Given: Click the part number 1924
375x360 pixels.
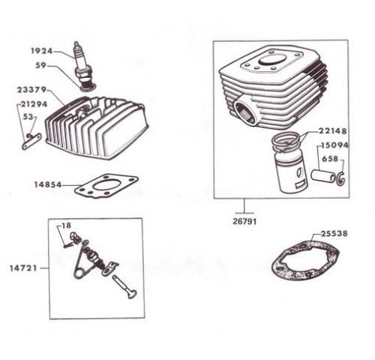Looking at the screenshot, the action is (x=42, y=51).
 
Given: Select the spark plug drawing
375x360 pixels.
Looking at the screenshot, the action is (x=82, y=66).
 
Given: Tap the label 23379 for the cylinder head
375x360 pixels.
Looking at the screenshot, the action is (x=31, y=89).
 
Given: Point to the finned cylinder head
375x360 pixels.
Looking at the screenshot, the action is (x=97, y=128).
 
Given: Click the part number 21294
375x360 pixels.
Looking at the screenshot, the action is (x=34, y=103).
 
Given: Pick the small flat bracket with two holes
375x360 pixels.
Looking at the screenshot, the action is (x=31, y=141).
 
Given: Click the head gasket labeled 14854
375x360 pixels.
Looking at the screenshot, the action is (x=106, y=186).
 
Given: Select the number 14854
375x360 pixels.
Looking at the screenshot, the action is (x=47, y=184).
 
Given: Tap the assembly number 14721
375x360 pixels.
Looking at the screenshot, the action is (x=23, y=268).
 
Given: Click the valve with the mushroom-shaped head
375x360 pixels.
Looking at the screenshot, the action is (x=124, y=286).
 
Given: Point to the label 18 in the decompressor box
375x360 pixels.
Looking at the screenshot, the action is (x=67, y=226).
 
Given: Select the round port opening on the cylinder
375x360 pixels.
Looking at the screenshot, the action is (x=245, y=112).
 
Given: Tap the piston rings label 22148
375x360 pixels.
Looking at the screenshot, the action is (x=333, y=130).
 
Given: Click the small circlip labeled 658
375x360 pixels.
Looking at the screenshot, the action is (x=341, y=178).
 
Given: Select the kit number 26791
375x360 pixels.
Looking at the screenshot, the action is (x=244, y=221).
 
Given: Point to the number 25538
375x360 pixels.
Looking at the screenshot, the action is (x=334, y=233).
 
